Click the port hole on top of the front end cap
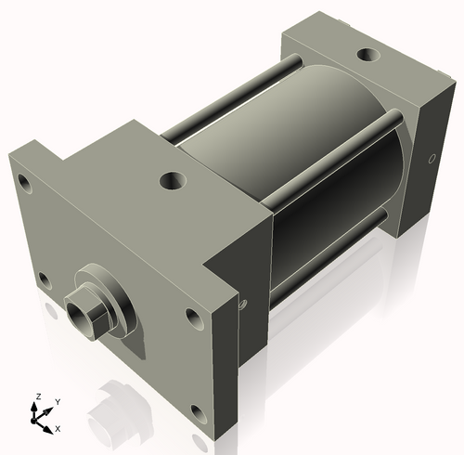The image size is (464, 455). (x=173, y=179)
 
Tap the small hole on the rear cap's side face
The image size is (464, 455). (x=431, y=160)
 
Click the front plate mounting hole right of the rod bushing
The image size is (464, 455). (x=192, y=318)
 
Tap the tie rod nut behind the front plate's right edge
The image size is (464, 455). (x=243, y=303)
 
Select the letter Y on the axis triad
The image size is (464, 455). (x=57, y=400)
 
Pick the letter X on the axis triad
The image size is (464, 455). (x=58, y=428)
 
